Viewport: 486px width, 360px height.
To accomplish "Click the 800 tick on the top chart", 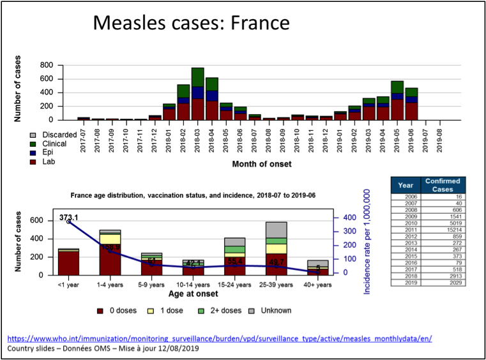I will coord(46,65).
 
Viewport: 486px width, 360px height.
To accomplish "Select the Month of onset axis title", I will coord(262,164).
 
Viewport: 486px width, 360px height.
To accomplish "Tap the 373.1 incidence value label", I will coord(68,218).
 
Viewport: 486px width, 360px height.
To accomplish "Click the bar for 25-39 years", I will coord(277,249).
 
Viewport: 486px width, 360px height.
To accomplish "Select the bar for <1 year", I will coord(68,262).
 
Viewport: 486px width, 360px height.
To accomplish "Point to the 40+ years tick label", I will coord(317,285).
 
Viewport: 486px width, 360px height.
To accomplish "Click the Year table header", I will coord(406,185).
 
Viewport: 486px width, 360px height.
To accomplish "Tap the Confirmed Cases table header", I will coord(443,185).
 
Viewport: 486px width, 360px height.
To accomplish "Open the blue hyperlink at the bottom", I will coord(220,338).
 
